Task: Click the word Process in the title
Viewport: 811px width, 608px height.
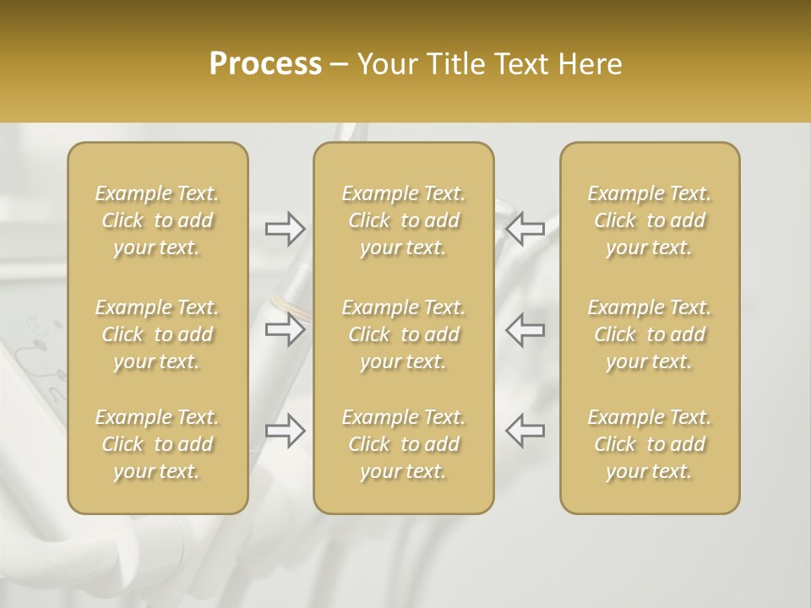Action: pos(265,64)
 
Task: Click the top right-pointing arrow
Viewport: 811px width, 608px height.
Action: pos(286,228)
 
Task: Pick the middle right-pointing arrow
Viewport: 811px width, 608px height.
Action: pos(286,329)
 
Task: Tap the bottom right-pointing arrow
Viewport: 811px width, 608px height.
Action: pos(286,431)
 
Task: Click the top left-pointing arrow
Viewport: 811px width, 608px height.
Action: pos(525,228)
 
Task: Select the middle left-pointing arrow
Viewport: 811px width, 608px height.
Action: pos(525,329)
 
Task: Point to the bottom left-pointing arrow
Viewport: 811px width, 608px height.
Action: pos(525,431)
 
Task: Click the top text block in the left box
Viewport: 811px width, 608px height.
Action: pos(157,220)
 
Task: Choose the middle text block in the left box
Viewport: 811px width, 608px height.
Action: pos(157,334)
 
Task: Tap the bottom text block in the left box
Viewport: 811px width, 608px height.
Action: pos(157,444)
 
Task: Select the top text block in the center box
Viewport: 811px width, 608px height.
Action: pos(404,220)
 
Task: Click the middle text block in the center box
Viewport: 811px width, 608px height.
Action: pos(404,334)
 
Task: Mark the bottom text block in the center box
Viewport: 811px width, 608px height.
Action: pos(404,444)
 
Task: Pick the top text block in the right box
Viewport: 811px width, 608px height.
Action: pos(650,220)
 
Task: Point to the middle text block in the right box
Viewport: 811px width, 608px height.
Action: pos(650,334)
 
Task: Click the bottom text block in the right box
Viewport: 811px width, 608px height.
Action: pos(650,444)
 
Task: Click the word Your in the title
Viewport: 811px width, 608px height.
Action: pos(385,64)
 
